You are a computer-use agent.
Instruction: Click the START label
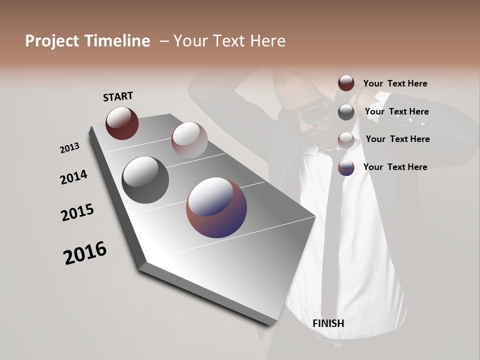coord(118,96)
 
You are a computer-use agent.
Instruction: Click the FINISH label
coord(328,323)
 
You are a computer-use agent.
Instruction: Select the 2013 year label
coord(69,148)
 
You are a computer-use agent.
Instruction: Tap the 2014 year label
coord(73,177)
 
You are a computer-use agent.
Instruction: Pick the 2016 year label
coord(85,253)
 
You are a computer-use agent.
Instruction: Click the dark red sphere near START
coord(122,123)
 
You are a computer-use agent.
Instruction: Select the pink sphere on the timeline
coord(189,139)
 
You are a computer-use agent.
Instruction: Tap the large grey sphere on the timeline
coord(145,180)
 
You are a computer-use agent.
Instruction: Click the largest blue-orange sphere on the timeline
coord(216,207)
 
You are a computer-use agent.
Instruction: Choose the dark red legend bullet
coord(346,83)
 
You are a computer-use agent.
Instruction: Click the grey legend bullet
coord(346,112)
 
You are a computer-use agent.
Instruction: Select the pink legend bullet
coord(346,139)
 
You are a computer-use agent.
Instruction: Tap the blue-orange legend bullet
coord(346,167)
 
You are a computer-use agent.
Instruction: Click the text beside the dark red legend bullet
coord(395,84)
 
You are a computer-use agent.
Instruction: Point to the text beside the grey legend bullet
coord(396,112)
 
